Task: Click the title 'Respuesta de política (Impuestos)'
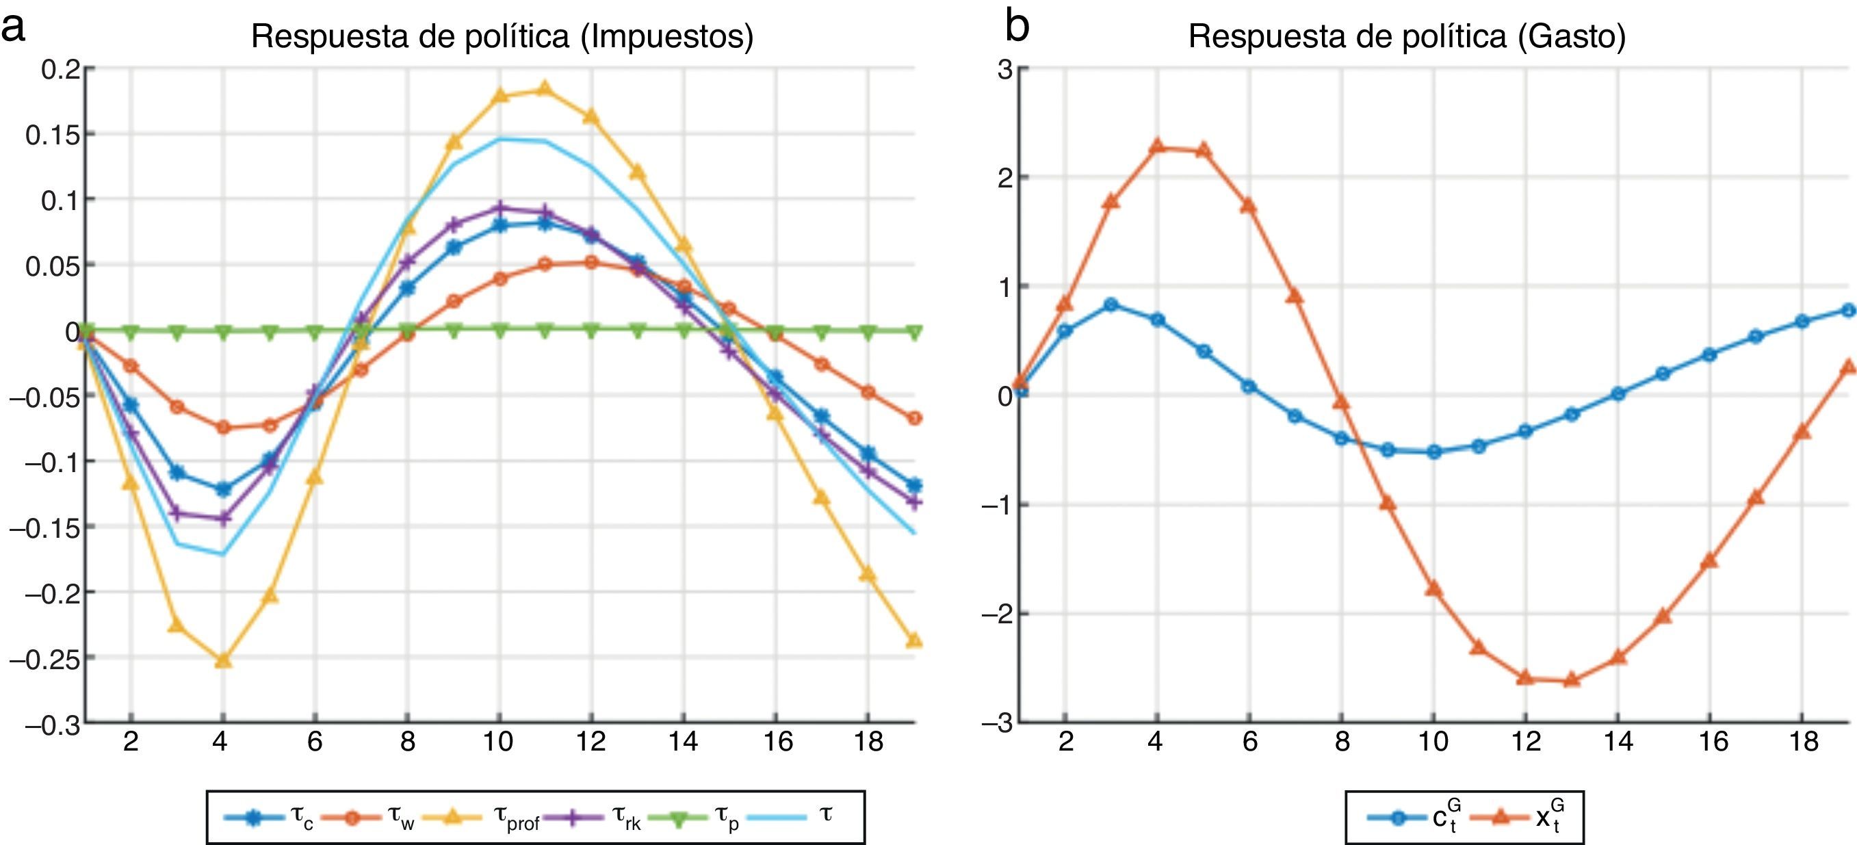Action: coord(502,36)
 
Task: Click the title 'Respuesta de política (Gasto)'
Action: coord(1407,36)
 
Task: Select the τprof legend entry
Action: coord(482,818)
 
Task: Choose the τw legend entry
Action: coord(367,818)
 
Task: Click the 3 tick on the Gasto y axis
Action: coord(1004,70)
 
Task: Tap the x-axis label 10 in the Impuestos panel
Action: coord(497,741)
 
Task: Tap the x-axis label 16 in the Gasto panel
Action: coord(1712,741)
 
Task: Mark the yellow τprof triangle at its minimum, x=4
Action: coord(223,660)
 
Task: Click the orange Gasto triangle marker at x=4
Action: coord(1157,146)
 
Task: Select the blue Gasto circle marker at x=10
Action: coord(1434,452)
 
